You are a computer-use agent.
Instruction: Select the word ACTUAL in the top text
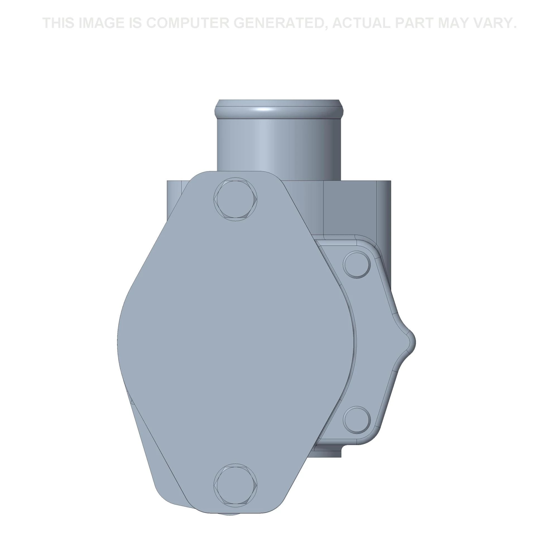pos(361,23)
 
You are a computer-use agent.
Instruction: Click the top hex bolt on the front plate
pos(235,199)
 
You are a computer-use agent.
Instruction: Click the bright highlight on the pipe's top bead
pos(264,110)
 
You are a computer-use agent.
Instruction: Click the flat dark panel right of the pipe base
pos(350,208)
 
